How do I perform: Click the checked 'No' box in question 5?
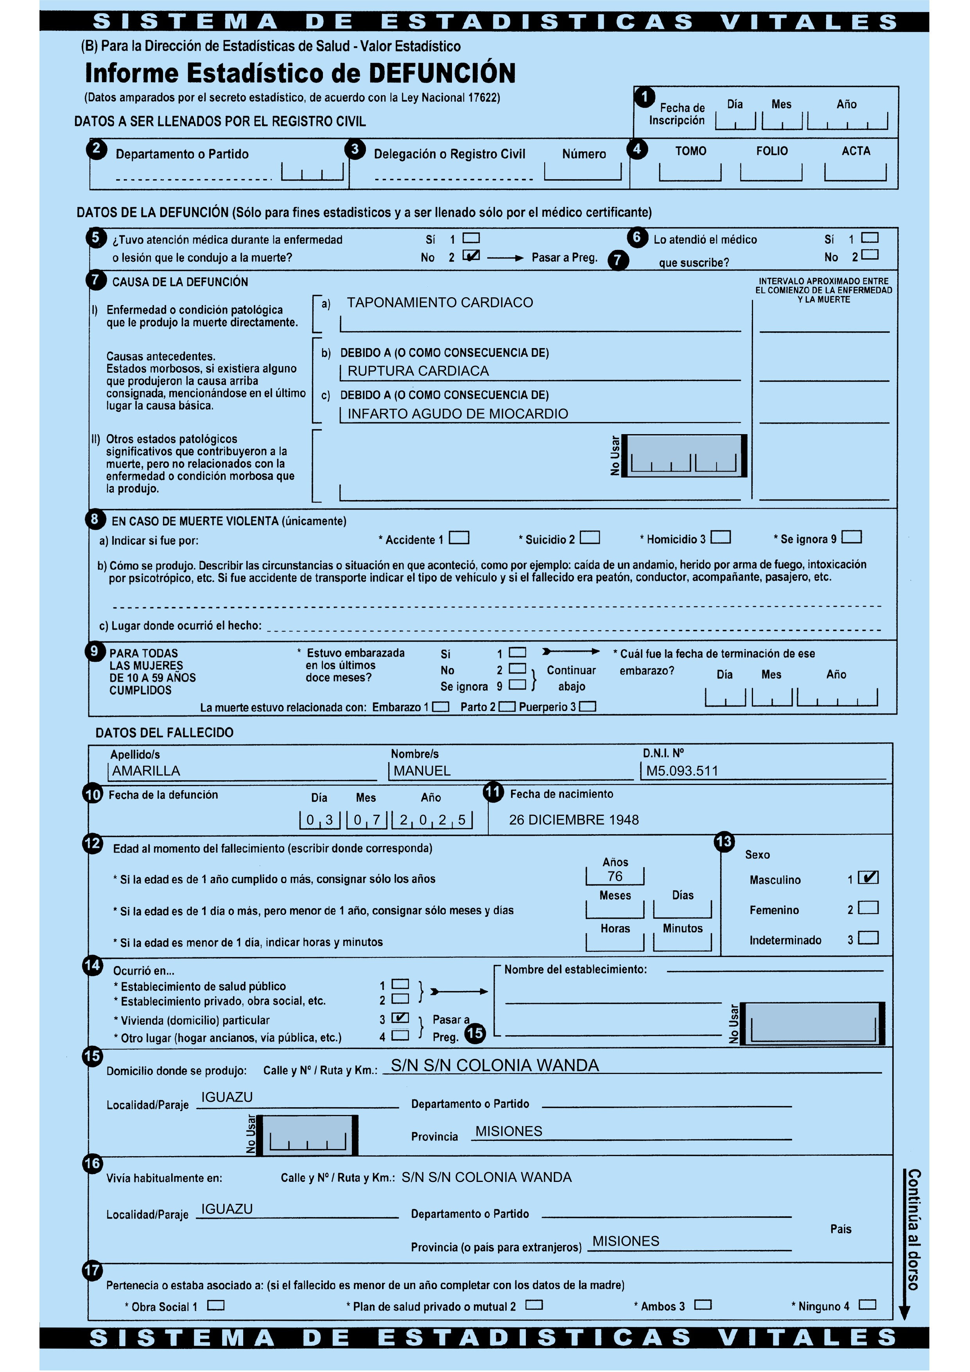click(471, 256)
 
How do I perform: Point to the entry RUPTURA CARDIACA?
click(418, 371)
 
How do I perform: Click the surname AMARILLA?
click(146, 771)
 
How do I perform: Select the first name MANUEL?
click(422, 771)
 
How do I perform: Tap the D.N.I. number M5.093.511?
click(682, 771)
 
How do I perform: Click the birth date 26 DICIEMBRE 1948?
click(574, 820)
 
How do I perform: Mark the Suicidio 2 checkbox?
click(590, 538)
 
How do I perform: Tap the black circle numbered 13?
click(724, 842)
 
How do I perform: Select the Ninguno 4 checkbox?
click(867, 1304)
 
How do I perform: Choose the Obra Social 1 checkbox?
click(216, 1305)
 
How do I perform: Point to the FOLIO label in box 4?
click(772, 151)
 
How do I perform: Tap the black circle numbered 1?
click(644, 97)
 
